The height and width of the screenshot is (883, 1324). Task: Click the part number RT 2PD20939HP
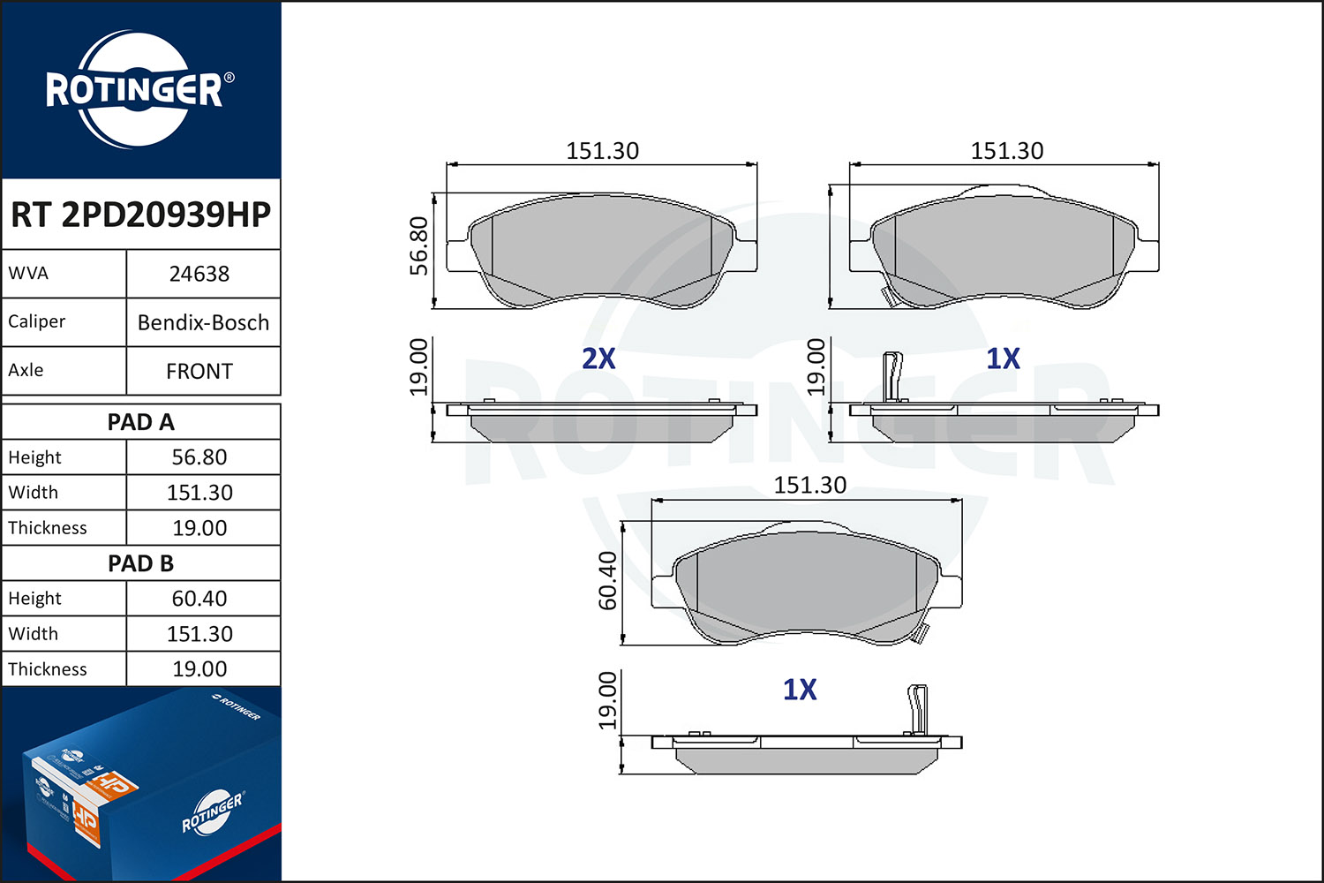(x=140, y=214)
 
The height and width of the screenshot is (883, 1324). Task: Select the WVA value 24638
(x=199, y=274)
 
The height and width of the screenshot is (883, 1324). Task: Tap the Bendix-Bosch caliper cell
(x=203, y=322)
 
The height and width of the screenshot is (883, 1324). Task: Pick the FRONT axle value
(x=199, y=371)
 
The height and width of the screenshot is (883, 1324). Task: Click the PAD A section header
(x=140, y=422)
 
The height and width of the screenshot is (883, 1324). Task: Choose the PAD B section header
(x=140, y=563)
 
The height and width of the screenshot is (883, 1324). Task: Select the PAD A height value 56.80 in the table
(x=199, y=457)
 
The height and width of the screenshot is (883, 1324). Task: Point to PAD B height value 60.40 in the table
(x=199, y=599)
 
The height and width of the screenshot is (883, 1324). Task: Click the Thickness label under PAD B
(x=48, y=669)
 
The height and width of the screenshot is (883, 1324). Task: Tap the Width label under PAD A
(x=34, y=492)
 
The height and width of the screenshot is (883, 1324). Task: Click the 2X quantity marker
(x=598, y=358)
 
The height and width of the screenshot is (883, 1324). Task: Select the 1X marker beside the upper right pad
(x=1003, y=358)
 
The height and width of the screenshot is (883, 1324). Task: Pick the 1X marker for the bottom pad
(x=800, y=690)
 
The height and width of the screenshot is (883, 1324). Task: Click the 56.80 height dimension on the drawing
(x=418, y=246)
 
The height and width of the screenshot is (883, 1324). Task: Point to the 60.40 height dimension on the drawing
(x=607, y=581)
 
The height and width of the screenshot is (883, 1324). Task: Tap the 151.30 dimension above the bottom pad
(x=810, y=485)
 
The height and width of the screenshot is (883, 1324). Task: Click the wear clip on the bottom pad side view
(x=917, y=710)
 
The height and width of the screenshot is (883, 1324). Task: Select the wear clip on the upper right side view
(x=892, y=377)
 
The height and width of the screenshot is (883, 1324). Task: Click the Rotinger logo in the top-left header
(x=139, y=89)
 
